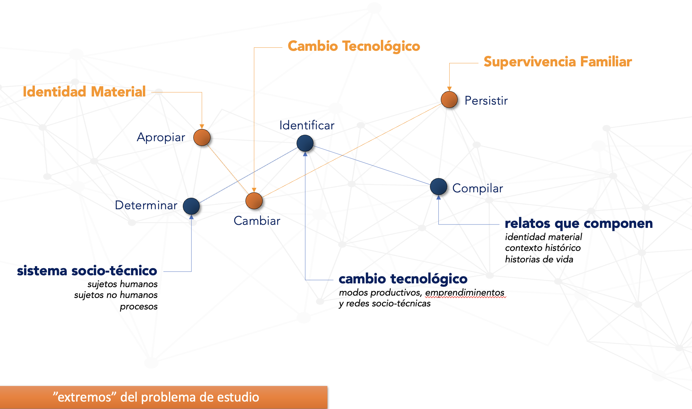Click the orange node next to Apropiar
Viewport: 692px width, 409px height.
tap(202, 137)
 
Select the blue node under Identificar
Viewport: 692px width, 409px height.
tap(305, 143)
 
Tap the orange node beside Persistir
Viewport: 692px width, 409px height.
tap(449, 100)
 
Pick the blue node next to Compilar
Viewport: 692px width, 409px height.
tap(438, 187)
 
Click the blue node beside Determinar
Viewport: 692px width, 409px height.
tap(191, 206)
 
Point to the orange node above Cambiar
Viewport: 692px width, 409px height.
tap(254, 201)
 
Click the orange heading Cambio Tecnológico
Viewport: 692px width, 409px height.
tap(354, 46)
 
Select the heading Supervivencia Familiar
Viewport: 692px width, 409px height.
tap(558, 62)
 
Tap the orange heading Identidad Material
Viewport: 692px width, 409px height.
tap(84, 92)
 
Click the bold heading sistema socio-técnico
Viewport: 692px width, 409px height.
tap(87, 271)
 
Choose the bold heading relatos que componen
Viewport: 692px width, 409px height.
tap(579, 223)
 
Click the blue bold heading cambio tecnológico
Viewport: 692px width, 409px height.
tap(403, 279)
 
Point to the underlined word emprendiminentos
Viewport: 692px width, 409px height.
tap(465, 293)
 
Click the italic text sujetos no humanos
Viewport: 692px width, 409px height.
tap(116, 295)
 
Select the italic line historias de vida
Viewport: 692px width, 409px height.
tap(539, 259)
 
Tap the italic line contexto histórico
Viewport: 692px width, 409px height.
tap(543, 248)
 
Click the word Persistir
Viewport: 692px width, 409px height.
tap(486, 101)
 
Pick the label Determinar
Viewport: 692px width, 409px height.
tap(146, 205)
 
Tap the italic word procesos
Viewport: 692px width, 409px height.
tap(138, 306)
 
